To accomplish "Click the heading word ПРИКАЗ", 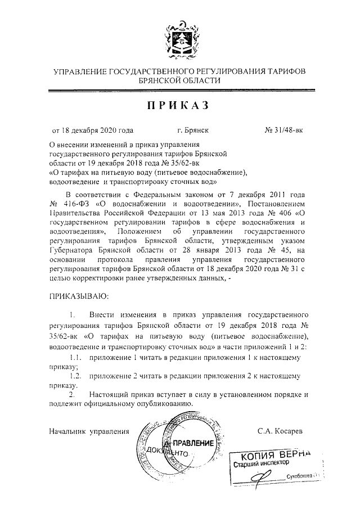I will (x=179, y=105).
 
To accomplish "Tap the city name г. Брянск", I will (x=192, y=130).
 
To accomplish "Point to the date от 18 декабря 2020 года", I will (x=93, y=130).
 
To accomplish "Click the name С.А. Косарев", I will (x=280, y=431).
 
